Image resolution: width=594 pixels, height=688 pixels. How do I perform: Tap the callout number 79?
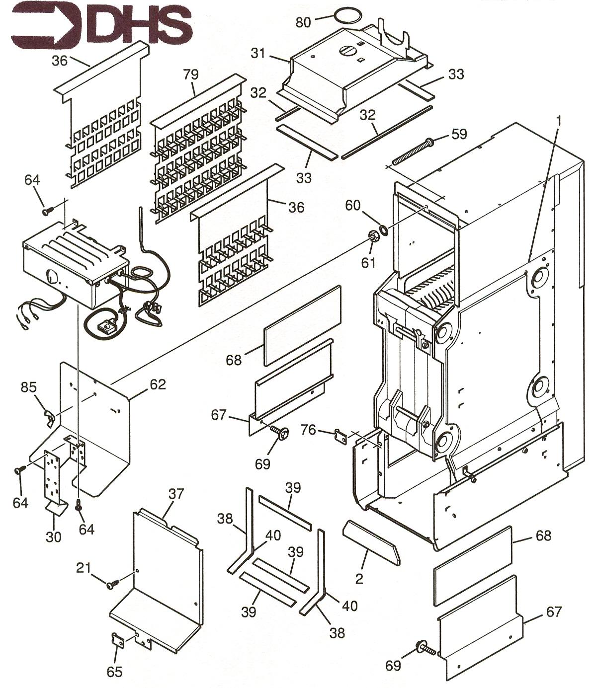[x=191, y=75]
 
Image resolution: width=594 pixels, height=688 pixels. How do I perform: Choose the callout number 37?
[x=176, y=494]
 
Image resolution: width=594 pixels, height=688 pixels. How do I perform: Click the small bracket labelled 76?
[x=340, y=436]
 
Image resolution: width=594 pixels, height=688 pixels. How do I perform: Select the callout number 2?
[x=358, y=579]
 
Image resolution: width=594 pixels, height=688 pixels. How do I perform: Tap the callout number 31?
[x=258, y=53]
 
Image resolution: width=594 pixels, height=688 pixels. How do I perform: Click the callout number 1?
[x=559, y=121]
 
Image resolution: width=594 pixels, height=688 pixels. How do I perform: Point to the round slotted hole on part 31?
[x=348, y=51]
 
